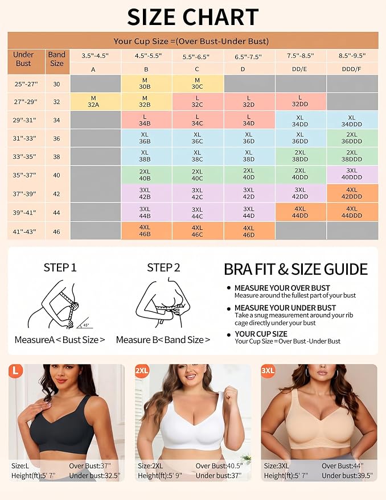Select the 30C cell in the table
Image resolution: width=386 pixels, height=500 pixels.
(198, 84)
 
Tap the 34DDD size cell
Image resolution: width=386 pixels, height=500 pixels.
(352, 121)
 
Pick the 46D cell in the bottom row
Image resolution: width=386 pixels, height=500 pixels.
(249, 231)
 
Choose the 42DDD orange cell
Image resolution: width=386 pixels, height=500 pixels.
(352, 193)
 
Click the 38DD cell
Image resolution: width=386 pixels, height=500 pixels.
(301, 156)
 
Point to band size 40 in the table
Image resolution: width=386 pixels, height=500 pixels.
(56, 175)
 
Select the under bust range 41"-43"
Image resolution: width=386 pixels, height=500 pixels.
(24, 232)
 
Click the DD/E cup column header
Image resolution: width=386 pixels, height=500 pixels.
(299, 69)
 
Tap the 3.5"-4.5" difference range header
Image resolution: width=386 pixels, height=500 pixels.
(95, 56)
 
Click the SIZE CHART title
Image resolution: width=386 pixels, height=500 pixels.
(193, 17)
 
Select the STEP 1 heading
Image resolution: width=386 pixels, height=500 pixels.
(60, 267)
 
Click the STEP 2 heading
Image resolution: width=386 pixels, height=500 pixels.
(163, 267)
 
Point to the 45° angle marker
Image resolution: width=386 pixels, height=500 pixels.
(85, 324)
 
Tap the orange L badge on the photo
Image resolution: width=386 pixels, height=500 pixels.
(15, 370)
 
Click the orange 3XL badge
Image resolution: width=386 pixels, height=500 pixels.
(268, 370)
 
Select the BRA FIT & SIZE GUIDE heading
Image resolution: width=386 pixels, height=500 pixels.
(295, 269)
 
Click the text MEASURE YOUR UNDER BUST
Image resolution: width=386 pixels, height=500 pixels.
(285, 308)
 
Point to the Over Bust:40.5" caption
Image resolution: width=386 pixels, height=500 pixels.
(219, 466)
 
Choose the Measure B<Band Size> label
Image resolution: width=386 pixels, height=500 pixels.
(163, 340)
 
